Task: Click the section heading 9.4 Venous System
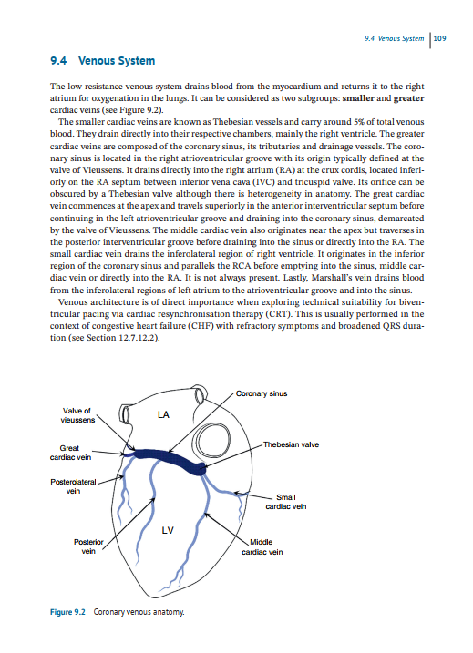point(103,61)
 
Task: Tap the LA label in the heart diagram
point(164,415)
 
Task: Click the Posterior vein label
point(88,546)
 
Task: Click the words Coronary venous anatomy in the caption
point(137,613)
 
